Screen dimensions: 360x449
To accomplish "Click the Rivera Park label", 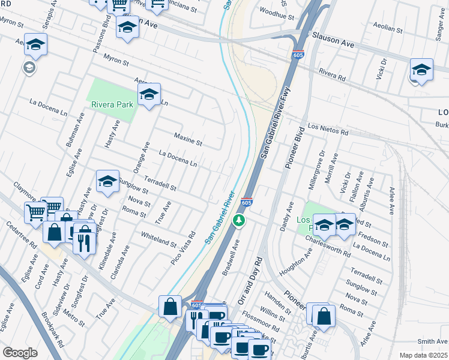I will point(112,104).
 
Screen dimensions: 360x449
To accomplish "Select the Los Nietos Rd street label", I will point(328,128).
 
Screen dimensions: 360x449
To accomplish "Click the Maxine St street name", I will point(188,140).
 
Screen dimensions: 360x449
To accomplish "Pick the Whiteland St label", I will point(159,241).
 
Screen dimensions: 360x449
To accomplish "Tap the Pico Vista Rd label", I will point(184,250).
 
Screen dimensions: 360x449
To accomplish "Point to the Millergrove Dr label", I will point(316,170).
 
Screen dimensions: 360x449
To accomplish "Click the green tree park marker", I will point(240,221).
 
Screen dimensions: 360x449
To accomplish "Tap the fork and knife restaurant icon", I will point(83,242).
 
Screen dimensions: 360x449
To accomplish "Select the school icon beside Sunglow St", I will point(107,181).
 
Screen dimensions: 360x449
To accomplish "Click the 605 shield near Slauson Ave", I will point(299,55).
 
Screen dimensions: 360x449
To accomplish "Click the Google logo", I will point(20,353).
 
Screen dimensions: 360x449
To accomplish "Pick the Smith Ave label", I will point(432,341).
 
